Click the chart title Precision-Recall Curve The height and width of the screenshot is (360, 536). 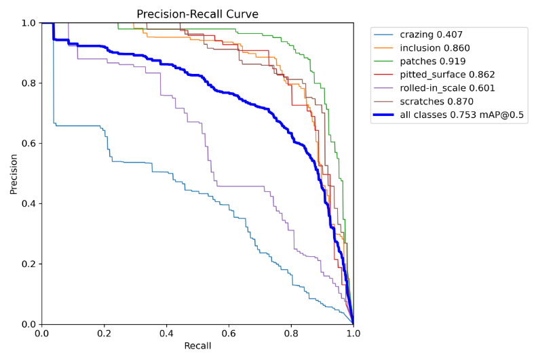pos(197,14)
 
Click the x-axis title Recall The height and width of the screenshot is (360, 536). pos(197,346)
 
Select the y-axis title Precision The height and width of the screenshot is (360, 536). pos(14,174)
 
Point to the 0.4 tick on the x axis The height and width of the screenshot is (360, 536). pos(166,333)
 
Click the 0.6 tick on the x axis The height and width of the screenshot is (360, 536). pos(229,333)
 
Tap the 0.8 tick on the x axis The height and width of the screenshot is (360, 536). pos(291,333)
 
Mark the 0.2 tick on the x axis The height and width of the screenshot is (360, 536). pos(104,333)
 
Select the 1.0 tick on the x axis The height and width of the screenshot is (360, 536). pos(353,333)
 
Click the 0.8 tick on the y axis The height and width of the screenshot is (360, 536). pos(28,83)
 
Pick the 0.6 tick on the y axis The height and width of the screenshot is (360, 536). pos(28,144)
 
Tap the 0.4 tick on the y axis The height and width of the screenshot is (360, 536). pos(28,204)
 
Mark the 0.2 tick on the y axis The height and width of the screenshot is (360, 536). pos(28,264)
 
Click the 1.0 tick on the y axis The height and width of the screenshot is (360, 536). pos(28,23)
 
